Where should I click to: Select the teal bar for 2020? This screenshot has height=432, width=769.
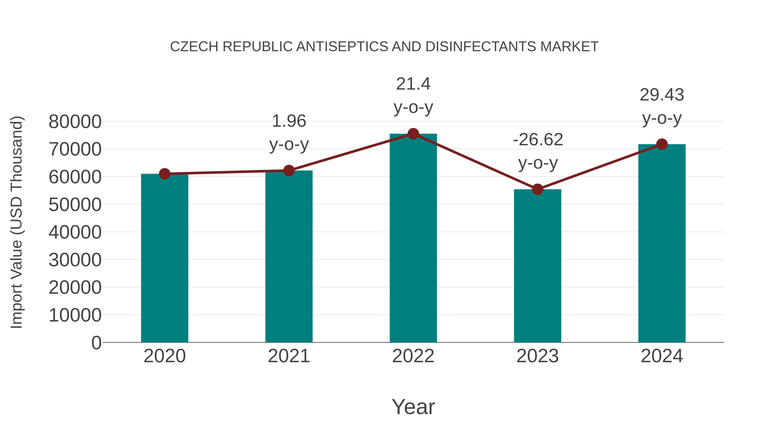click(164, 258)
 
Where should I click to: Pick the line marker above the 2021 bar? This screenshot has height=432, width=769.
click(289, 170)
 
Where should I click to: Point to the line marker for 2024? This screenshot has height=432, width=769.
click(662, 144)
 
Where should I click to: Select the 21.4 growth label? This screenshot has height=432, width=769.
click(413, 84)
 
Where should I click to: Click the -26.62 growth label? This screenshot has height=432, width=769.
click(538, 140)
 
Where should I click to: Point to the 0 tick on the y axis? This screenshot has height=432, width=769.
click(96, 343)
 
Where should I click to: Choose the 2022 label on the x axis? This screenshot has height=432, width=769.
click(413, 356)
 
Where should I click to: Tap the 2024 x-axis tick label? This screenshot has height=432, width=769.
click(662, 356)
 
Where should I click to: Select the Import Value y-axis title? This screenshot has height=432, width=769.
click(16, 222)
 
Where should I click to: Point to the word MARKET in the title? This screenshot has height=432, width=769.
click(569, 47)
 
